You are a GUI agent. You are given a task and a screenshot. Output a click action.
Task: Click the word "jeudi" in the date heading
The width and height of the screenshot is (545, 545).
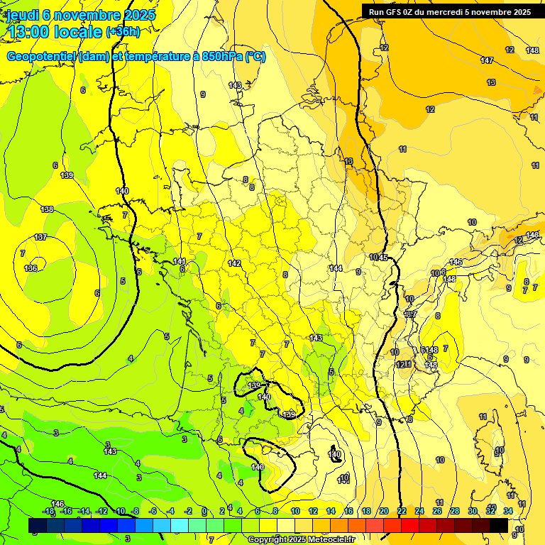click(23, 14)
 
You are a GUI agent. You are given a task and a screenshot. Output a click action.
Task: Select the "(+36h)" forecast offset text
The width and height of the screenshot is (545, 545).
click(122, 32)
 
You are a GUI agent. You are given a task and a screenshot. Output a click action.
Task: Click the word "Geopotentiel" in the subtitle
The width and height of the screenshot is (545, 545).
click(41, 57)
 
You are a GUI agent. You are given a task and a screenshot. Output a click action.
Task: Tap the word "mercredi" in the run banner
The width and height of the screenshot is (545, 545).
click(459, 12)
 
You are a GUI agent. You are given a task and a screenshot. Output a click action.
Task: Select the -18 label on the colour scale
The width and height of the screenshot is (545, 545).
click(48, 511)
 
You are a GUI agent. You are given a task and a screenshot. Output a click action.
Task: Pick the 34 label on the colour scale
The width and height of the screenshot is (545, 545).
click(508, 511)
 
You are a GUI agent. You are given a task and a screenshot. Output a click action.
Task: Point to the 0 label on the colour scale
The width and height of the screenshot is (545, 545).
click(204, 511)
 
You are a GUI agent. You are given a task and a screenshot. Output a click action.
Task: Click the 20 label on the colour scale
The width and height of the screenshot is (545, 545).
click(384, 511)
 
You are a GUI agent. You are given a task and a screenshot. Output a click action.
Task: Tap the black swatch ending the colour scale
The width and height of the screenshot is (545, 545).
click(499, 525)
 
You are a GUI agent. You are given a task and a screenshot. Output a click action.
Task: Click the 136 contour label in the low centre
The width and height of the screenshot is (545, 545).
click(31, 268)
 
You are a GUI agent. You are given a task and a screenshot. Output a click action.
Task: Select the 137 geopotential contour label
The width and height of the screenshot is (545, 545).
click(40, 237)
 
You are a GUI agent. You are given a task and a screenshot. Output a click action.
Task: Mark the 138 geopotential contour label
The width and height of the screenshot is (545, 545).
click(47, 209)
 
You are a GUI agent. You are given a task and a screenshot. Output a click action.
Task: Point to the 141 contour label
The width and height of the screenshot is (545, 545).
click(180, 261)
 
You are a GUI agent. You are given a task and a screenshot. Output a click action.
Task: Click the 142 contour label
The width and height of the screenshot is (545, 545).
click(235, 263)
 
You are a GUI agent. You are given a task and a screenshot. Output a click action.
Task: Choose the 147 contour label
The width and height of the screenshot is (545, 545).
click(487, 60)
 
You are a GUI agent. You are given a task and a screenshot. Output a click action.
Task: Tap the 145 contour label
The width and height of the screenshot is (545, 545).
click(383, 257)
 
